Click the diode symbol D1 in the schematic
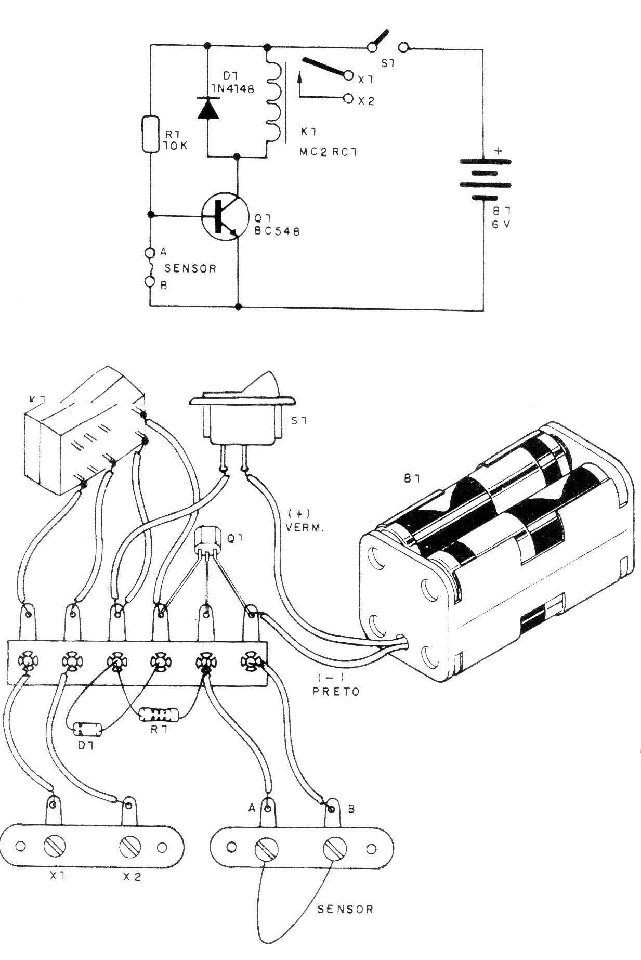tap(207, 108)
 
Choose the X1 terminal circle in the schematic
tap(349, 76)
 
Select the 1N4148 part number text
tap(233, 89)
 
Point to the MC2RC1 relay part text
tap(329, 152)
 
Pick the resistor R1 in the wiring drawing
tap(160, 715)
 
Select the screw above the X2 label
tap(129, 848)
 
